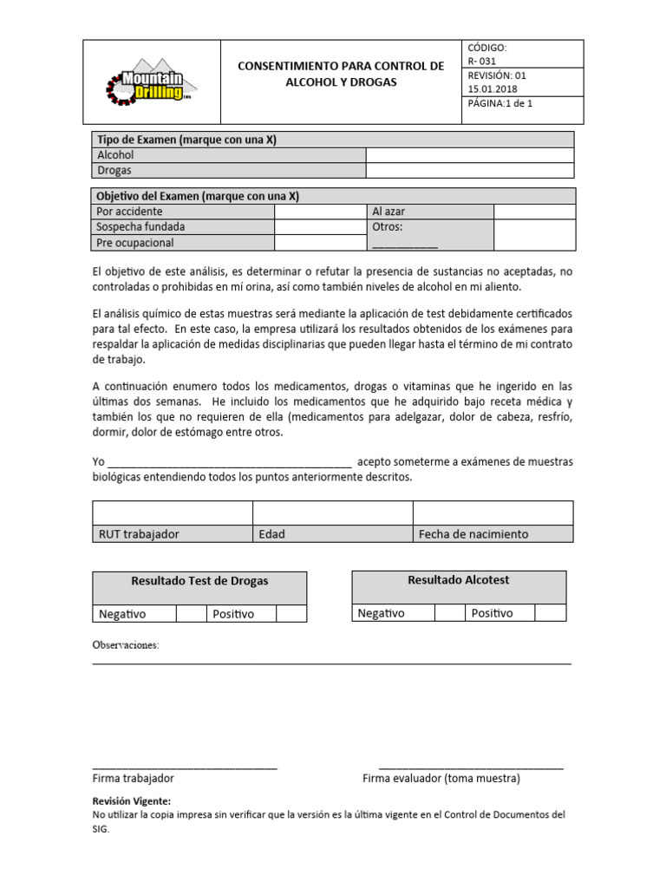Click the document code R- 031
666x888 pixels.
483,62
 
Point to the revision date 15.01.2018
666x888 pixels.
491,88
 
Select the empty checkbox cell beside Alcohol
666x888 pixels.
469,154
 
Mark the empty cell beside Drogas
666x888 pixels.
469,170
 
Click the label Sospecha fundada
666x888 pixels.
140,227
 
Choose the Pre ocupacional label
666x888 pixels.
135,243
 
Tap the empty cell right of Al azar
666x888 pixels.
534,212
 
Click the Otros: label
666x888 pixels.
388,227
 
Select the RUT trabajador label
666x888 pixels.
139,534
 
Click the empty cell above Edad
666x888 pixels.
332,513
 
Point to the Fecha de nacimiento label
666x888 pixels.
473,534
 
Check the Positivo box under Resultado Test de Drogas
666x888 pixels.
291,614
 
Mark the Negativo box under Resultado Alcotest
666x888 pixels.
448,613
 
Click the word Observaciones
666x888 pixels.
126,646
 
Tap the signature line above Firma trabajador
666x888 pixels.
185,766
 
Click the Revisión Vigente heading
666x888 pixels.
132,800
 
